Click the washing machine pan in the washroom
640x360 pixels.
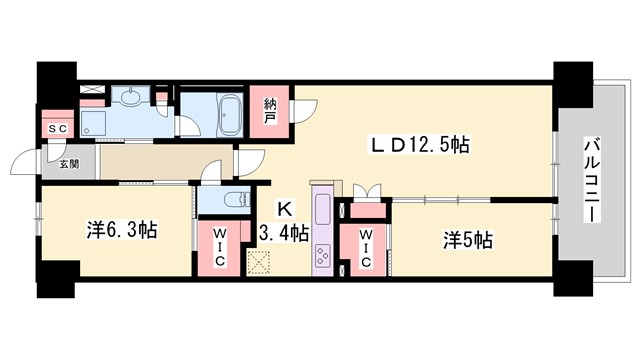[x=93, y=124]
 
